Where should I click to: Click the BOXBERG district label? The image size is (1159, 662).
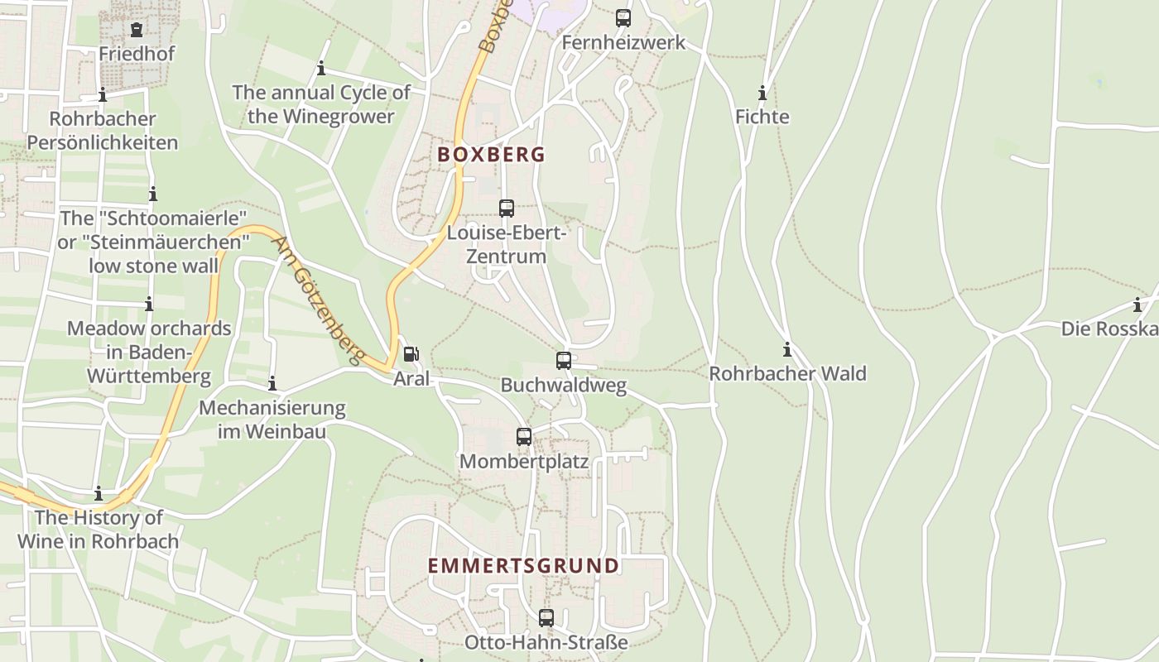(x=491, y=155)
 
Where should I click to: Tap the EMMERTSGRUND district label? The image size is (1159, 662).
(x=523, y=566)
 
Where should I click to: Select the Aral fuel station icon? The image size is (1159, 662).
(x=411, y=355)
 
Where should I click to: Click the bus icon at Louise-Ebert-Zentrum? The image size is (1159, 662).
(x=507, y=209)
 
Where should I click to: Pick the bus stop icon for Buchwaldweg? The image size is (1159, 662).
(x=564, y=361)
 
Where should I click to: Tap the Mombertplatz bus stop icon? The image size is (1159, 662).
(x=524, y=437)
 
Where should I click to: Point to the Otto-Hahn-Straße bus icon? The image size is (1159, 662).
(x=546, y=618)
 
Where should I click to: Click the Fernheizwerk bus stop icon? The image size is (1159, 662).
(x=623, y=18)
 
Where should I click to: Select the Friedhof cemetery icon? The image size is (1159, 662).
(x=137, y=30)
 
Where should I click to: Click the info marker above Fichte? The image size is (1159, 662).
(x=762, y=93)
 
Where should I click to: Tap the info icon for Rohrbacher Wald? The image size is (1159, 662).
(x=787, y=350)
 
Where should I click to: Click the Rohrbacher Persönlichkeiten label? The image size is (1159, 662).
(x=103, y=131)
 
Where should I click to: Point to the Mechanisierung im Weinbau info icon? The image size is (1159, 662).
(x=272, y=384)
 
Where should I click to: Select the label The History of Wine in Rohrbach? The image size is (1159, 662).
(x=99, y=530)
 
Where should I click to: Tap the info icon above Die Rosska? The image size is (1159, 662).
(x=1137, y=305)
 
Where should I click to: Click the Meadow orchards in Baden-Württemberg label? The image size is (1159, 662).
(x=149, y=352)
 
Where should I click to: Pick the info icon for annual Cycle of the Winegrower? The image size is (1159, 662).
(x=321, y=69)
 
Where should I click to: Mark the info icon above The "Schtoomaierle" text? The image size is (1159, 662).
(x=153, y=194)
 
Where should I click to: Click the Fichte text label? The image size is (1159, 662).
(x=762, y=117)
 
